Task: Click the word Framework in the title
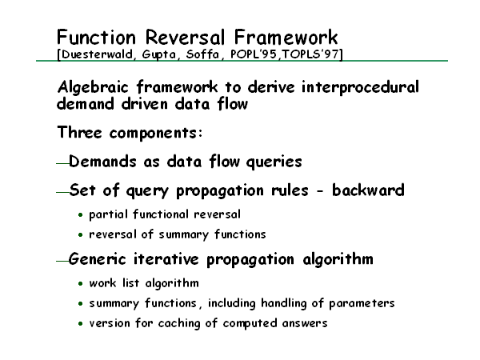coord(286,38)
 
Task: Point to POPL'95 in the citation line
coord(253,54)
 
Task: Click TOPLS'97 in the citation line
coord(310,54)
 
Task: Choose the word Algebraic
coord(93,87)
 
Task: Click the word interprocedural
coord(360,87)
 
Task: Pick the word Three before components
coord(79,132)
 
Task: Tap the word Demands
coord(102,161)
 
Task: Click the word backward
coord(368,190)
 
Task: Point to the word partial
coord(108,214)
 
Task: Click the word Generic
coord(98,259)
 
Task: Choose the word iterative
coord(166,259)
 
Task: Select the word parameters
coord(362,304)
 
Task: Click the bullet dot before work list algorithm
coord(81,284)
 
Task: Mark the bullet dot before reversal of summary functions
coord(81,234)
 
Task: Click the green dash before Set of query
coord(62,192)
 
